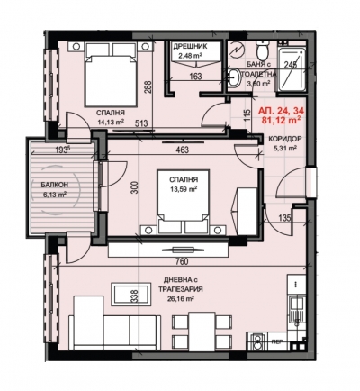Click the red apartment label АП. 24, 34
pyautogui.click(x=282, y=112)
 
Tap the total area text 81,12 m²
pyautogui.click(x=282, y=121)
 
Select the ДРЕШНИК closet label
pyautogui.click(x=190, y=47)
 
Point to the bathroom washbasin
pyautogui.click(x=233, y=78)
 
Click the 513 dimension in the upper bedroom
pyautogui.click(x=141, y=124)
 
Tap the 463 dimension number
pyautogui.click(x=183, y=150)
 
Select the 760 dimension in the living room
pyautogui.click(x=182, y=261)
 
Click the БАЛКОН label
pyautogui.click(x=54, y=185)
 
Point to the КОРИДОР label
pyautogui.click(x=281, y=139)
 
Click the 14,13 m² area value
pyautogui.click(x=111, y=122)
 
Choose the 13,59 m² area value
pyautogui.click(x=183, y=189)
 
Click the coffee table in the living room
pyautogui.click(x=130, y=295)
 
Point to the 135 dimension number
pyautogui.click(x=285, y=218)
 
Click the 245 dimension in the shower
pyautogui.click(x=291, y=65)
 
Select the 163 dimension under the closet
pyautogui.click(x=196, y=77)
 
